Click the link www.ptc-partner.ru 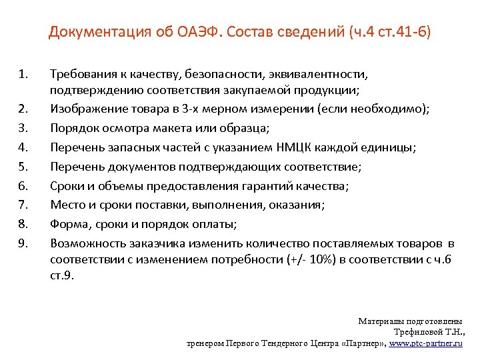click(425, 343)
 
